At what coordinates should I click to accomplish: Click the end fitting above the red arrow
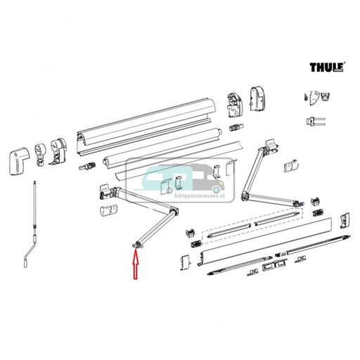(x=137, y=244)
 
